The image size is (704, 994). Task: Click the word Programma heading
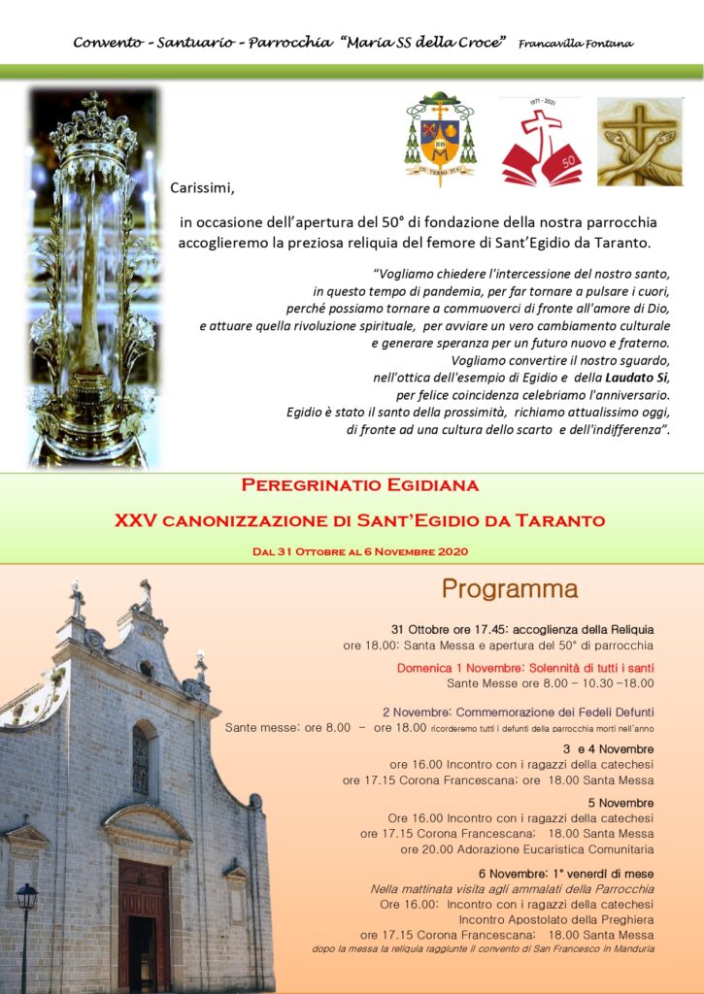pyautogui.click(x=510, y=589)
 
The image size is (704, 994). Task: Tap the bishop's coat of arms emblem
pyautogui.click(x=440, y=139)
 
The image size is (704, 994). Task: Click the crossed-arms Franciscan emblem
pyautogui.click(x=639, y=142)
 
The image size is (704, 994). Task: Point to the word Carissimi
pyautogui.click(x=203, y=187)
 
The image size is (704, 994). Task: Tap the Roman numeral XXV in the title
pyautogui.click(x=135, y=520)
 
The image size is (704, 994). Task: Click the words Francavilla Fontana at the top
pyautogui.click(x=576, y=44)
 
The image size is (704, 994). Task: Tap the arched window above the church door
pyautogui.click(x=141, y=759)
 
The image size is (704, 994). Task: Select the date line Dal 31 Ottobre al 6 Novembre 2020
pyautogui.click(x=359, y=551)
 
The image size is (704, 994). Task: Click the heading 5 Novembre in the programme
pyautogui.click(x=620, y=803)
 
